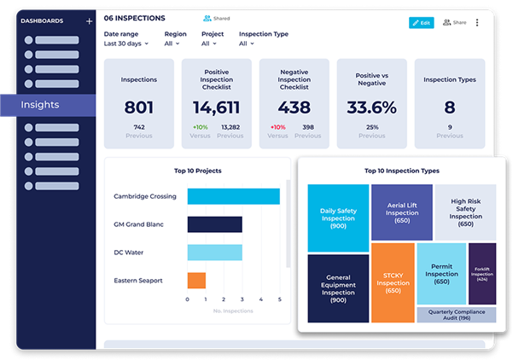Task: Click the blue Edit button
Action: (421, 23)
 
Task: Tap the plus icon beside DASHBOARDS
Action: (89, 20)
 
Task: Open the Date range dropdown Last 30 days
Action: (125, 44)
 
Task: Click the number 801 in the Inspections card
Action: (138, 107)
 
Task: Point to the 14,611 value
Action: (217, 107)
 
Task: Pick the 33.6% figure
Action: (371, 107)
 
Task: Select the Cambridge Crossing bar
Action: (233, 196)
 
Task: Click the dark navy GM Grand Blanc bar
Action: (214, 224)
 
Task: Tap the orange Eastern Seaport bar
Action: (196, 280)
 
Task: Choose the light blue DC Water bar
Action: (214, 253)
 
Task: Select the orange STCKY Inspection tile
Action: (393, 281)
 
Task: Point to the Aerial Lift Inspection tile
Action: (401, 212)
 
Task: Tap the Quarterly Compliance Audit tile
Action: (456, 314)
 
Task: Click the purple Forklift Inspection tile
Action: (482, 273)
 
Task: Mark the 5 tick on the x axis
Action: (279, 299)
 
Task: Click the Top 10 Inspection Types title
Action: (401, 171)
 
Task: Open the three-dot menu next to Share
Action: (477, 23)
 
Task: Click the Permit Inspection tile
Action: (441, 273)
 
